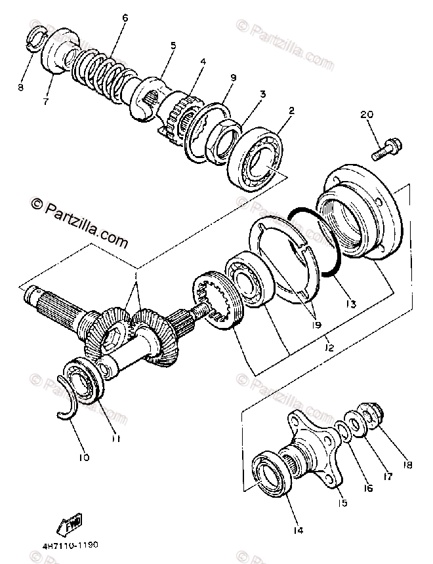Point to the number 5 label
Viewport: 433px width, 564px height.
[x=173, y=45]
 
